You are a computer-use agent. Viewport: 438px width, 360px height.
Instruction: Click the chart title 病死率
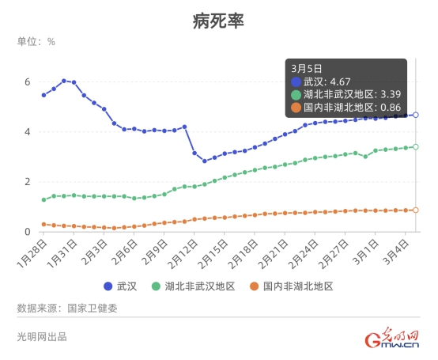point(218,21)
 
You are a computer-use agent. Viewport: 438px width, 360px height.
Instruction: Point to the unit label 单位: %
point(36,41)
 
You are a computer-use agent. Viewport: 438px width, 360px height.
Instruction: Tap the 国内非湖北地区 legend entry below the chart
point(292,286)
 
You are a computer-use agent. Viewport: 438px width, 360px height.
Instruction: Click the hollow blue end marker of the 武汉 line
point(416,115)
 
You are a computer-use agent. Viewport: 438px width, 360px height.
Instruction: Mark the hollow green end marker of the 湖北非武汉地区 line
point(416,146)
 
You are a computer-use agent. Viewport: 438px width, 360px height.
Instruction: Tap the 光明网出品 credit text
point(42,336)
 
